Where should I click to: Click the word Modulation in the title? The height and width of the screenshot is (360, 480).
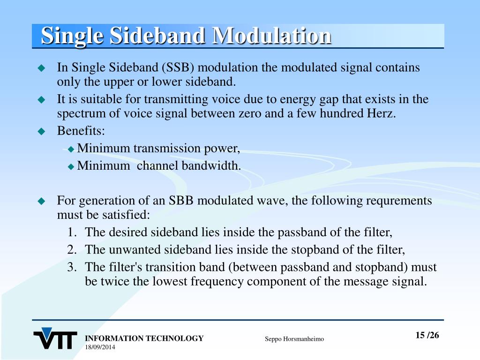point(271,36)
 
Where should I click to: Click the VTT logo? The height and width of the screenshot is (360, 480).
point(55,338)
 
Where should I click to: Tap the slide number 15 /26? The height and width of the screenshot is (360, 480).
point(427,335)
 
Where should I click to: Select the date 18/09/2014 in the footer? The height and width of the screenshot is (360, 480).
point(100,347)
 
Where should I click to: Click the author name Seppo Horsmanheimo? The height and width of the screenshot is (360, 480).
point(294,339)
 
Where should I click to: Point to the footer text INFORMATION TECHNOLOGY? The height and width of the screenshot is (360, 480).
point(144,338)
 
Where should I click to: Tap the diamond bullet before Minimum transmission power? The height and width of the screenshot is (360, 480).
point(71,150)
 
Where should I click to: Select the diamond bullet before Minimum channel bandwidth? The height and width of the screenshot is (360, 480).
point(71,166)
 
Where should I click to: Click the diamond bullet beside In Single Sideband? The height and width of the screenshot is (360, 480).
point(41,68)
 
